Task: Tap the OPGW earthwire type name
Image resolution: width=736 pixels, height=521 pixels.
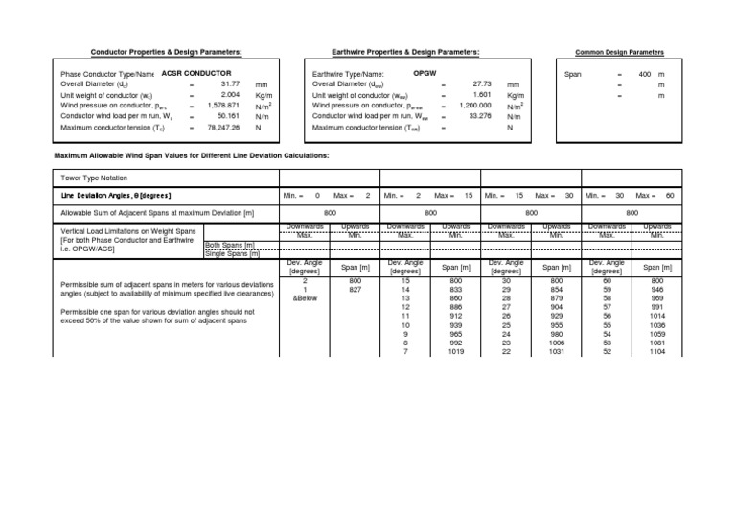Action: coord(425,73)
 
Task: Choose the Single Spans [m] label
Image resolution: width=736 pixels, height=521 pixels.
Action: coord(228,253)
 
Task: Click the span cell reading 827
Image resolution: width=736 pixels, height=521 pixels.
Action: coord(355,289)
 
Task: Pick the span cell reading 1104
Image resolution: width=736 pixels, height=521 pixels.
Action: coord(655,352)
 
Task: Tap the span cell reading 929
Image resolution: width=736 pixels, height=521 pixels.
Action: coord(555,315)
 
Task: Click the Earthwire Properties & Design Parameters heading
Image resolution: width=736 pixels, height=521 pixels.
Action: coord(405,51)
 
